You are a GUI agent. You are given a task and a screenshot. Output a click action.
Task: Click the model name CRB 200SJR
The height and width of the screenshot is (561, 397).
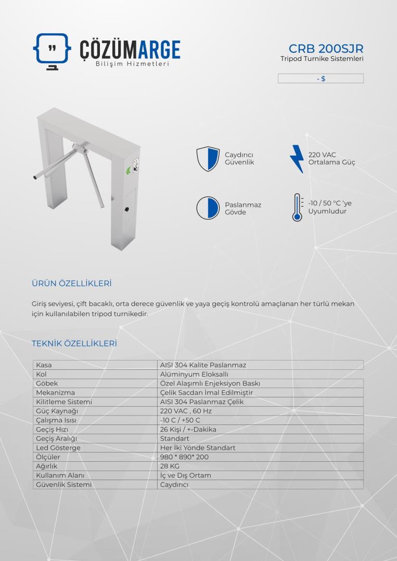pyautogui.click(x=326, y=48)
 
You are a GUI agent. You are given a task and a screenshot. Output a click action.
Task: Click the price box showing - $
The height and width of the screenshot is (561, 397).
pyautogui.click(x=321, y=78)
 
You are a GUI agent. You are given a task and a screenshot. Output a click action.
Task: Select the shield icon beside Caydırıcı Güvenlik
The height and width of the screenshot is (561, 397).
pyautogui.click(x=207, y=159)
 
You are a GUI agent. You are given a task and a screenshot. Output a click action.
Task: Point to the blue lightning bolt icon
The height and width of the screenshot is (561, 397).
pyautogui.click(x=297, y=158)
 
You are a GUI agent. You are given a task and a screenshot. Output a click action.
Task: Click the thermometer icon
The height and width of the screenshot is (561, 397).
pyautogui.click(x=297, y=208)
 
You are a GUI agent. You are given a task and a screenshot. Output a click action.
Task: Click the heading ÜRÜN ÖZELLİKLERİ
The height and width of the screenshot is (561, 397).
pyautogui.click(x=72, y=284)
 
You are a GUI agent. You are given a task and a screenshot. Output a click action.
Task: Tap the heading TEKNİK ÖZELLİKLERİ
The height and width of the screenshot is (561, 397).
pyautogui.click(x=74, y=344)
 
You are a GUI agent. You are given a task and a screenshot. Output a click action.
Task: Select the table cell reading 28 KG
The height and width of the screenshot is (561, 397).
pyautogui.click(x=170, y=466)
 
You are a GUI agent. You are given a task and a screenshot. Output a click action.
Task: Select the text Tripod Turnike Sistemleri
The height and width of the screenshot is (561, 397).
pyautogui.click(x=322, y=59)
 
